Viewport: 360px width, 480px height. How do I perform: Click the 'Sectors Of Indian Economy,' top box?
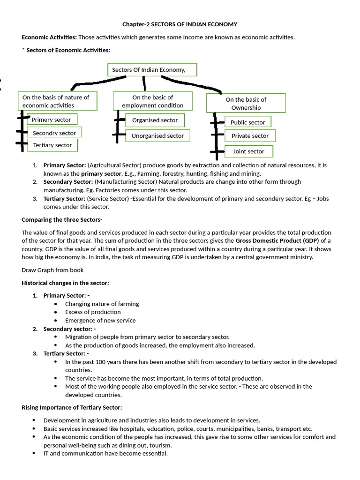pos(152,70)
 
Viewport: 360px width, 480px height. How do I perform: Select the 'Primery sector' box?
pos(52,120)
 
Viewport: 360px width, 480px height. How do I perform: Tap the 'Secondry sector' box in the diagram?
pos(54,133)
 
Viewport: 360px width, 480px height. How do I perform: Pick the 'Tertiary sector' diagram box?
pos(52,145)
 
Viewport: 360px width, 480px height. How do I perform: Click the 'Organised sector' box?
pos(155,120)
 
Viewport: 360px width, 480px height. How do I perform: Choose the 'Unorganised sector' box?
pos(157,136)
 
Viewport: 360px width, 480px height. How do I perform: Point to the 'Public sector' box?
pos(247,122)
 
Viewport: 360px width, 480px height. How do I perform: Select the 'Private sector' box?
pos(250,136)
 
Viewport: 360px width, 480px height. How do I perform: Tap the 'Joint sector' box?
pos(248,151)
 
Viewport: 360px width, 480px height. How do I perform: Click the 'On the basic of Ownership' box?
pos(246,104)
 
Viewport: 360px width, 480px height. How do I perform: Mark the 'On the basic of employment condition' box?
pos(152,101)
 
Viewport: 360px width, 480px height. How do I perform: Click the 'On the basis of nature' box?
pos(58,101)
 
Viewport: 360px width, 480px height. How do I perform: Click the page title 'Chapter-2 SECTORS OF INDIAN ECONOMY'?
pos(180,24)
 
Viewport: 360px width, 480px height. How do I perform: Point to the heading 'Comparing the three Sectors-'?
pos(62,219)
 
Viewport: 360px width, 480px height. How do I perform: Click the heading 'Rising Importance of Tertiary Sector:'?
pos(72,407)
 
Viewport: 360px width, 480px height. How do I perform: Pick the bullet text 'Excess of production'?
pos(93,312)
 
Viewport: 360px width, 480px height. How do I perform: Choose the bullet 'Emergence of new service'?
pos(100,320)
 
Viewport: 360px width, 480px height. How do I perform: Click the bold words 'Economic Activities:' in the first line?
pos(49,37)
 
